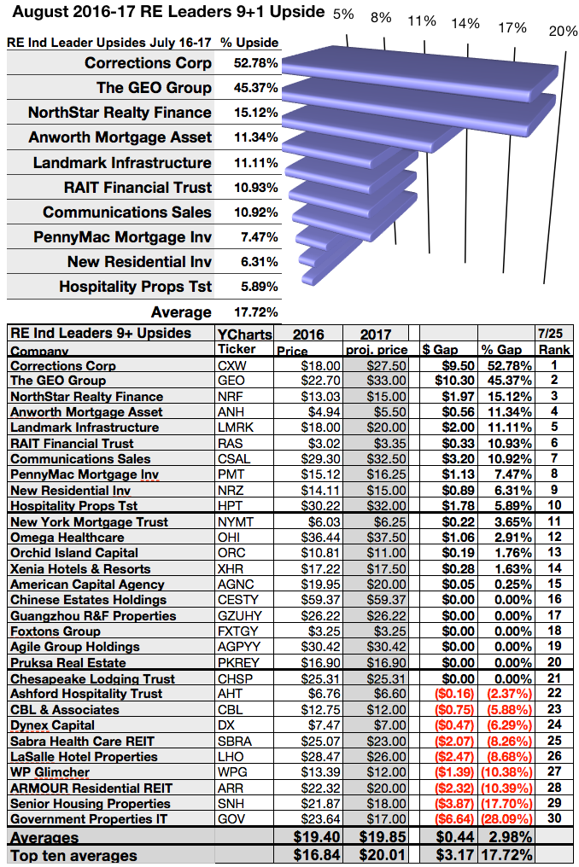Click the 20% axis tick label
562,32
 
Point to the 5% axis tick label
343,15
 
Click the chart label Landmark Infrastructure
122,163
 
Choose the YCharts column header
242,333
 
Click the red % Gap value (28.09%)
506,819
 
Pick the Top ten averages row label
74,855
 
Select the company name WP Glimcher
50,772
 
